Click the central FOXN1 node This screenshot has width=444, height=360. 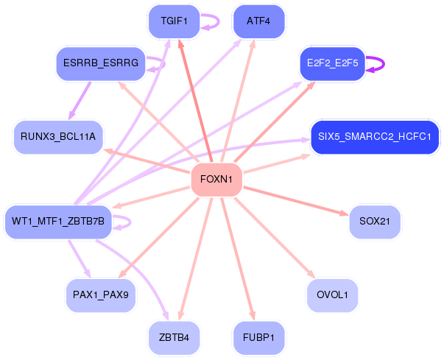point(216,180)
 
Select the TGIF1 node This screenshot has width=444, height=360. point(175,21)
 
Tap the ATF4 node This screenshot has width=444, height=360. point(258,21)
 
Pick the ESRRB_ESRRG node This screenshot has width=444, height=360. point(101,63)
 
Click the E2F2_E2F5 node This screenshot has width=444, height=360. point(332,63)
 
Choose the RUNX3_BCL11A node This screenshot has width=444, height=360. point(58,137)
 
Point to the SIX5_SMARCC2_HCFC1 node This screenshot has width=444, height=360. point(375,137)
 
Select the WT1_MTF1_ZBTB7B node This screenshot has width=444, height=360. point(58,222)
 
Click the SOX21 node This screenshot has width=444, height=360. point(375,222)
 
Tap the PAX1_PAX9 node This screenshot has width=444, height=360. point(101,295)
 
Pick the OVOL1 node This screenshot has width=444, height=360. point(332,295)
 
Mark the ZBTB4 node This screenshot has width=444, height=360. point(175,338)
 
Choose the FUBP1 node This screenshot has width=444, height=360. point(258,338)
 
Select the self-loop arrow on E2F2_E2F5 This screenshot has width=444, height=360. point(384,63)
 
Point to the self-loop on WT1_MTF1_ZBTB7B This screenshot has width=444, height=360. point(130,222)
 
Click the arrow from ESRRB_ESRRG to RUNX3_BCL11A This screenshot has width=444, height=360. point(80,100)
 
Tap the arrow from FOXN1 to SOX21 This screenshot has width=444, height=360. point(296,201)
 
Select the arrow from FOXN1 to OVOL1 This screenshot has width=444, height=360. point(275,238)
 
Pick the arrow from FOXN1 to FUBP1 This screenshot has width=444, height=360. point(238,259)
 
